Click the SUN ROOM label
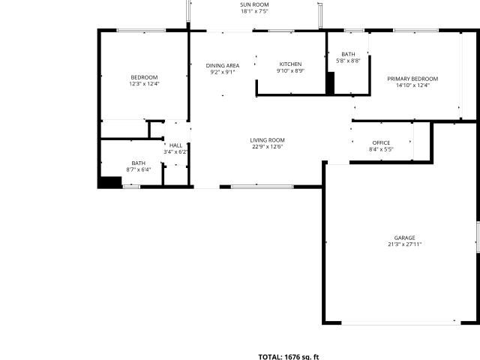254,4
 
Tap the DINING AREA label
223,65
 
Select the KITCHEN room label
290,64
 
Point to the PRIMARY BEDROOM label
412,79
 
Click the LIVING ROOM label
267,140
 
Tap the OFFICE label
381,142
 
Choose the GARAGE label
405,238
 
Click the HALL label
175,145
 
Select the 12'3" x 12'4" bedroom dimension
145,83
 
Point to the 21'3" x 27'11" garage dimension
405,244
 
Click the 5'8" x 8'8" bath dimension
348,61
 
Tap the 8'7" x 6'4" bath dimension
138,169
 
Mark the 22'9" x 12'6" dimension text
267,147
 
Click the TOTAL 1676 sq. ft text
289,357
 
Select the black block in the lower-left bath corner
110,182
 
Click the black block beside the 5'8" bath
330,83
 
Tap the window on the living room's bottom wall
262,187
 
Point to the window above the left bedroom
142,30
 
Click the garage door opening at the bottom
401,322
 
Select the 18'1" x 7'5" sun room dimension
254,11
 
